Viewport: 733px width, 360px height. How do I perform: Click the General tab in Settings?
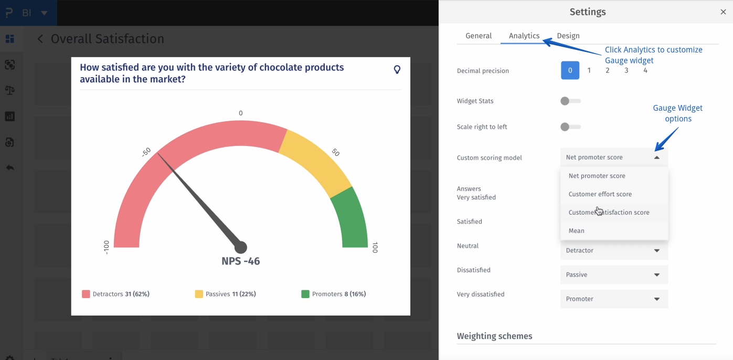click(x=479, y=36)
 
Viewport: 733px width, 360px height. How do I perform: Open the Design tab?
click(x=568, y=36)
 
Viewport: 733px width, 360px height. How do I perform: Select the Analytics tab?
click(x=524, y=36)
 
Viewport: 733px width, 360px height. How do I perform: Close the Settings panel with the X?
click(x=723, y=12)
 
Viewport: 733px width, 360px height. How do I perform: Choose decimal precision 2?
click(x=608, y=70)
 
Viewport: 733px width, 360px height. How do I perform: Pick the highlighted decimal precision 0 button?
click(x=570, y=70)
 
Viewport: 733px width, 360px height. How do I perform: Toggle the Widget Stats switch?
click(x=570, y=101)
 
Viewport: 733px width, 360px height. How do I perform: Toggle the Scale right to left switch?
click(x=570, y=127)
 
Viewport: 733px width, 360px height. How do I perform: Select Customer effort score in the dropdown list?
click(x=600, y=194)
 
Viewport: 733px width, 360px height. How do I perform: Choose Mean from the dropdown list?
click(x=576, y=231)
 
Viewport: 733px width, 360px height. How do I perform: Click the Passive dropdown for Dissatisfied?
click(x=614, y=275)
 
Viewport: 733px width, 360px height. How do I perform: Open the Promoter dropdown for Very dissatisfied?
click(x=614, y=299)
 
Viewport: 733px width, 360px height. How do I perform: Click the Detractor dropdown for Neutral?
click(x=614, y=251)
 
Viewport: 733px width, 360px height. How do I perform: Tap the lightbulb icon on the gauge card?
click(x=397, y=69)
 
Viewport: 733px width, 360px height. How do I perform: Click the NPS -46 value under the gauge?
click(x=240, y=261)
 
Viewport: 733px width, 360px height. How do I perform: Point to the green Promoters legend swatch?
click(x=305, y=294)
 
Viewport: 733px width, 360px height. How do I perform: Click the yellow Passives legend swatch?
click(x=199, y=294)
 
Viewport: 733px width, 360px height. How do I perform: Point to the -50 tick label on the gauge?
click(x=146, y=152)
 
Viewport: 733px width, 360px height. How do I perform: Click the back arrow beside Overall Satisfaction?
click(x=40, y=39)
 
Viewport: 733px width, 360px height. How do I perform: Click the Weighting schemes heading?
click(x=494, y=336)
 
